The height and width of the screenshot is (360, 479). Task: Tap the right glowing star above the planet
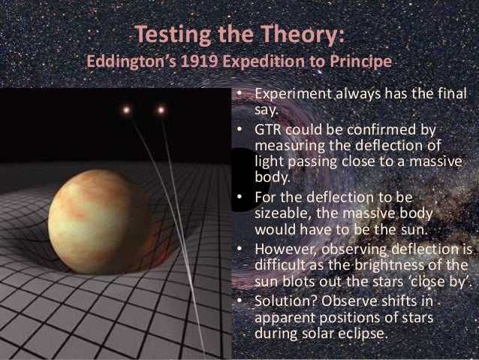pos(160,110)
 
